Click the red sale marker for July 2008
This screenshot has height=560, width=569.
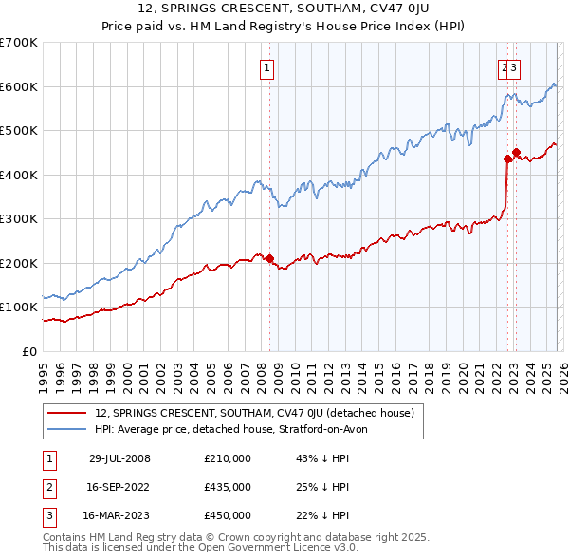point(269,258)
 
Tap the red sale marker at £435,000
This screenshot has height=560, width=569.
point(507,159)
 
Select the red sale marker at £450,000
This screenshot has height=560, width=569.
point(516,152)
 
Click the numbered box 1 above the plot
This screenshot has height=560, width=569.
point(266,67)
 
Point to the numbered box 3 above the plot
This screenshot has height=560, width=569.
point(513,67)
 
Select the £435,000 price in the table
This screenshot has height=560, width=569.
point(228,487)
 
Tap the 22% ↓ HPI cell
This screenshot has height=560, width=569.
point(323,515)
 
